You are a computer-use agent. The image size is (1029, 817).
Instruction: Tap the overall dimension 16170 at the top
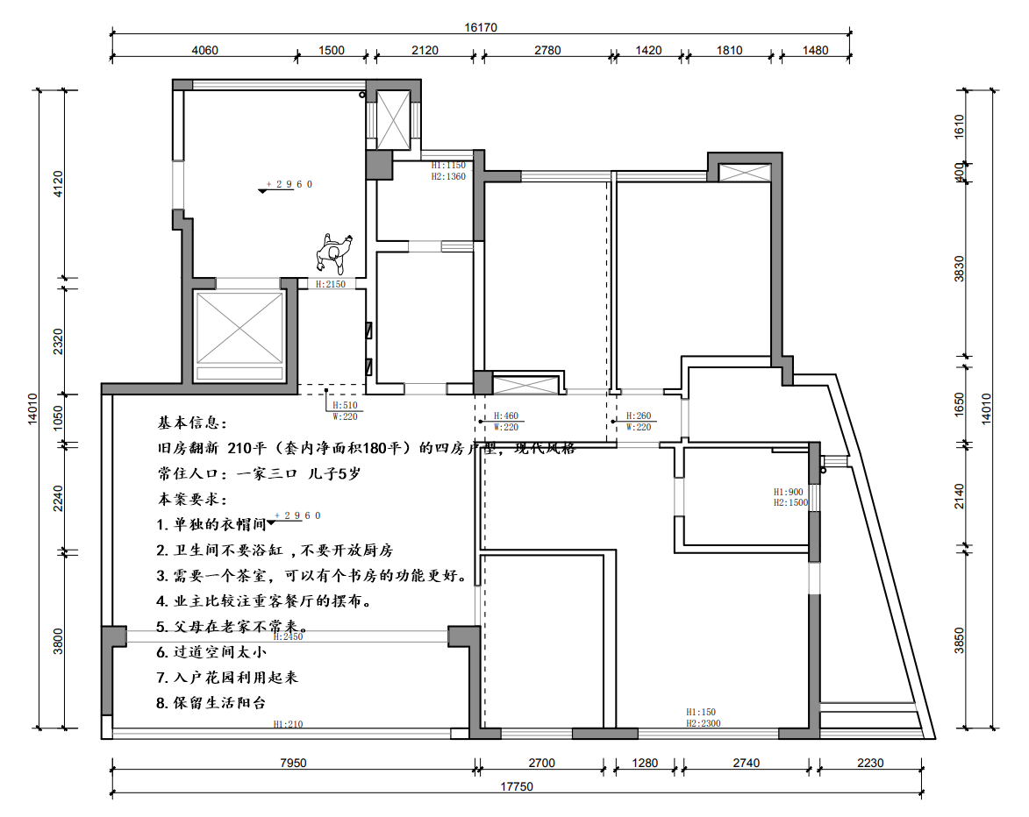pyautogui.click(x=481, y=27)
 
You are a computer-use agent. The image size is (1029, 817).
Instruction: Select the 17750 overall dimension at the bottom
pyautogui.click(x=517, y=786)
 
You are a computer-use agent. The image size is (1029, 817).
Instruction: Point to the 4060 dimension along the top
pyautogui.click(x=204, y=50)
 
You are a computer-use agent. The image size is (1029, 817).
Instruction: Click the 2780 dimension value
pyautogui.click(x=547, y=50)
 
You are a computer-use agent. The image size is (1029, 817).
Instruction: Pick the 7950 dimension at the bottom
pyautogui.click(x=292, y=764)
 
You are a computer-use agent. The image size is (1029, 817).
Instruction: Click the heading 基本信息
pyautogui.click(x=192, y=423)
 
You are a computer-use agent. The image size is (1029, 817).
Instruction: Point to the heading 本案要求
pyautogui.click(x=192, y=499)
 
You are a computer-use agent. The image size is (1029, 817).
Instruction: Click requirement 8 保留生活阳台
pyautogui.click(x=211, y=703)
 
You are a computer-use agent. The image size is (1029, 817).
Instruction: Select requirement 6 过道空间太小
pyautogui.click(x=211, y=652)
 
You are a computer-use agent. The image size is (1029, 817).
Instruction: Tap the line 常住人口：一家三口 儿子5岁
pyautogui.click(x=260, y=473)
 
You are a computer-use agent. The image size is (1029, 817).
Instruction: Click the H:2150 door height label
pyautogui.click(x=331, y=284)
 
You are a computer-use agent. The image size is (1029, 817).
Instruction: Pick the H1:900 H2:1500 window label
pyautogui.click(x=790, y=497)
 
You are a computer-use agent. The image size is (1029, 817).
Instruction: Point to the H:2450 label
pyautogui.click(x=288, y=636)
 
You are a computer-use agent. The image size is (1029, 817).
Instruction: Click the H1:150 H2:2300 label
pyautogui.click(x=703, y=718)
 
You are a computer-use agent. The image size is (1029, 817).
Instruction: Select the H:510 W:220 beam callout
pyautogui.click(x=346, y=411)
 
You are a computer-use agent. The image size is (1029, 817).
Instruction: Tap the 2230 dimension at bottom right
pyautogui.click(x=870, y=764)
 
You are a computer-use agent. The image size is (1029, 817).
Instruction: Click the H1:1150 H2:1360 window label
pyautogui.click(x=448, y=170)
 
